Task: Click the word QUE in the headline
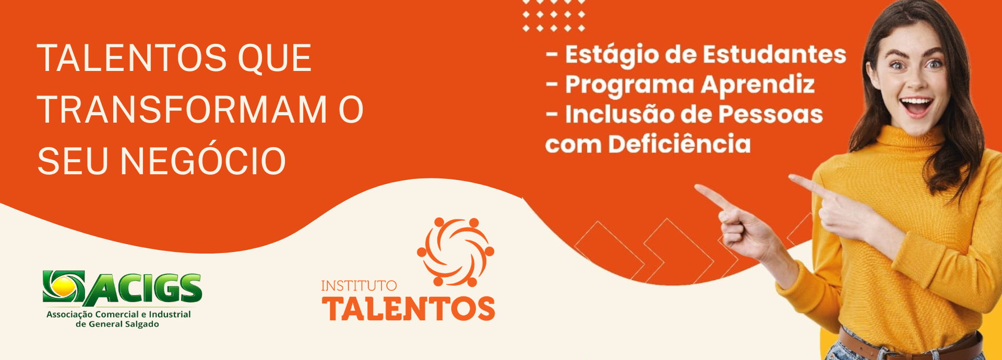[x=275, y=58]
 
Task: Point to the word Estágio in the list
[x=612, y=55]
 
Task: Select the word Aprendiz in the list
[x=758, y=85]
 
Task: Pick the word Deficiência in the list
[x=679, y=143]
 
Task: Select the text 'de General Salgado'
[x=117, y=324]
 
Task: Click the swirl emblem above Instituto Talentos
[x=456, y=252]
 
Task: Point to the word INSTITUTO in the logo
[x=359, y=286]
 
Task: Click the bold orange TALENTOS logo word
[x=409, y=308]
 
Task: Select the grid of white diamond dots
[x=554, y=16]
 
